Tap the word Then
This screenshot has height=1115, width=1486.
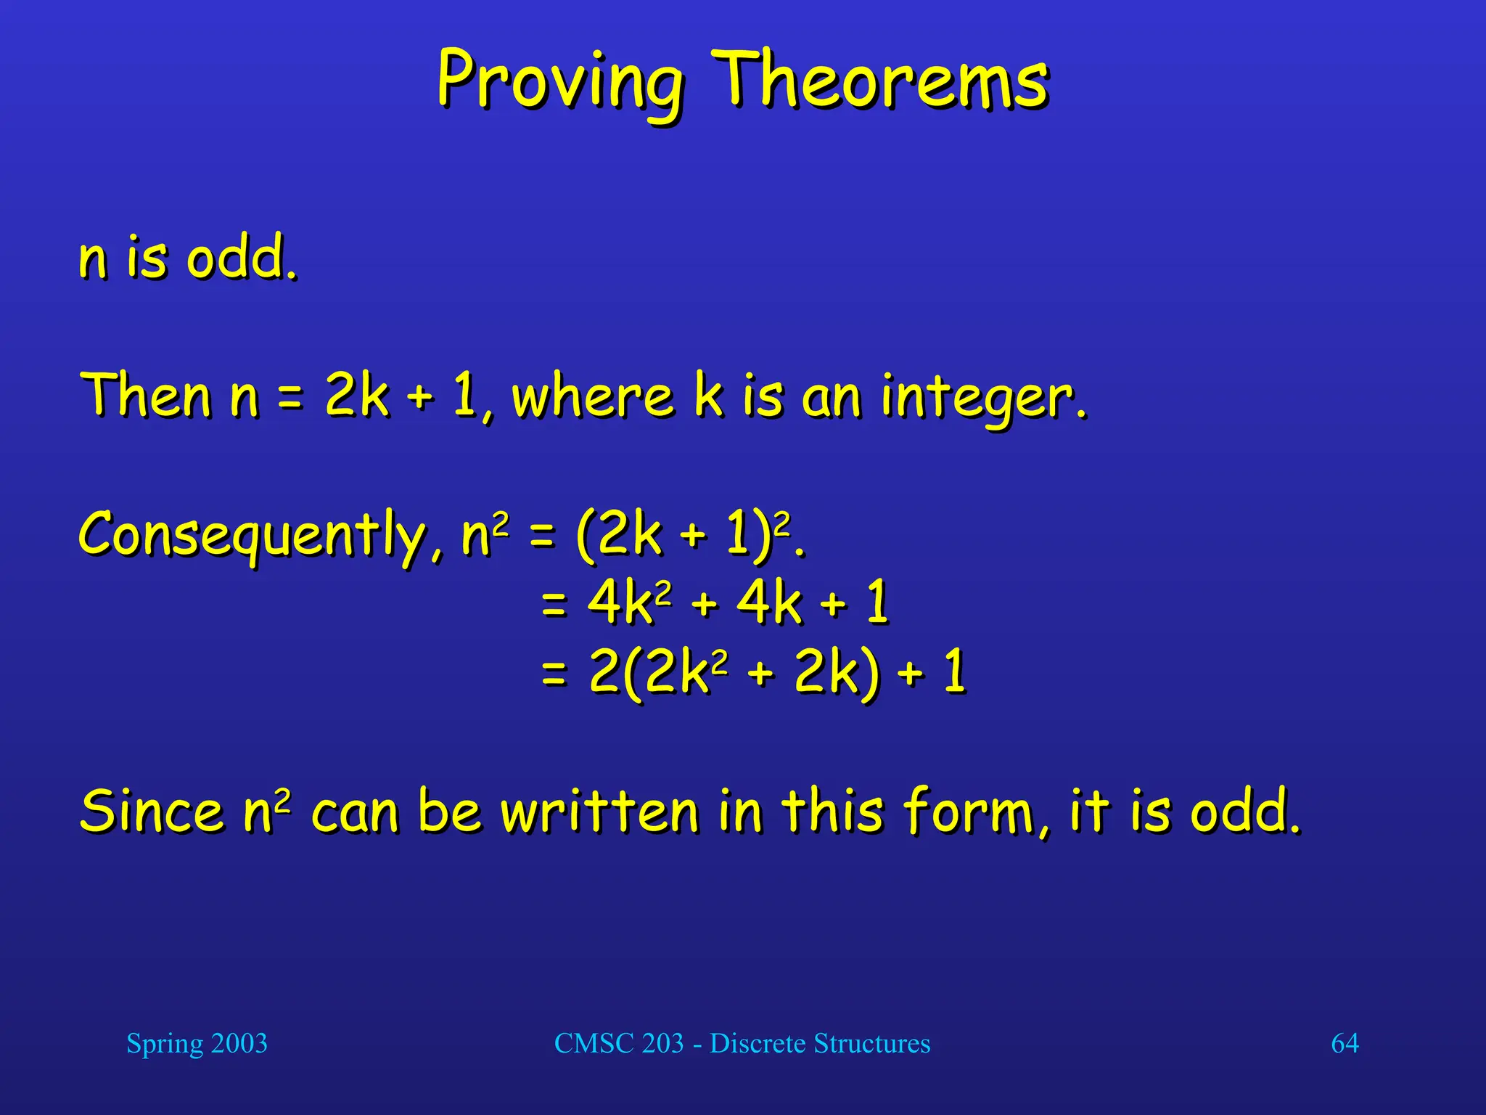[145, 395]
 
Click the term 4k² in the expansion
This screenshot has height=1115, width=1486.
[628, 603]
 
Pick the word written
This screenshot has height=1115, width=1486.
[599, 812]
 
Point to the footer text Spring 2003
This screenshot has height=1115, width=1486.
[197, 1044]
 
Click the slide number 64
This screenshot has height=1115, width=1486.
[1345, 1044]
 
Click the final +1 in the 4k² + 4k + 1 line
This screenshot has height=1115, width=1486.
[860, 603]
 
